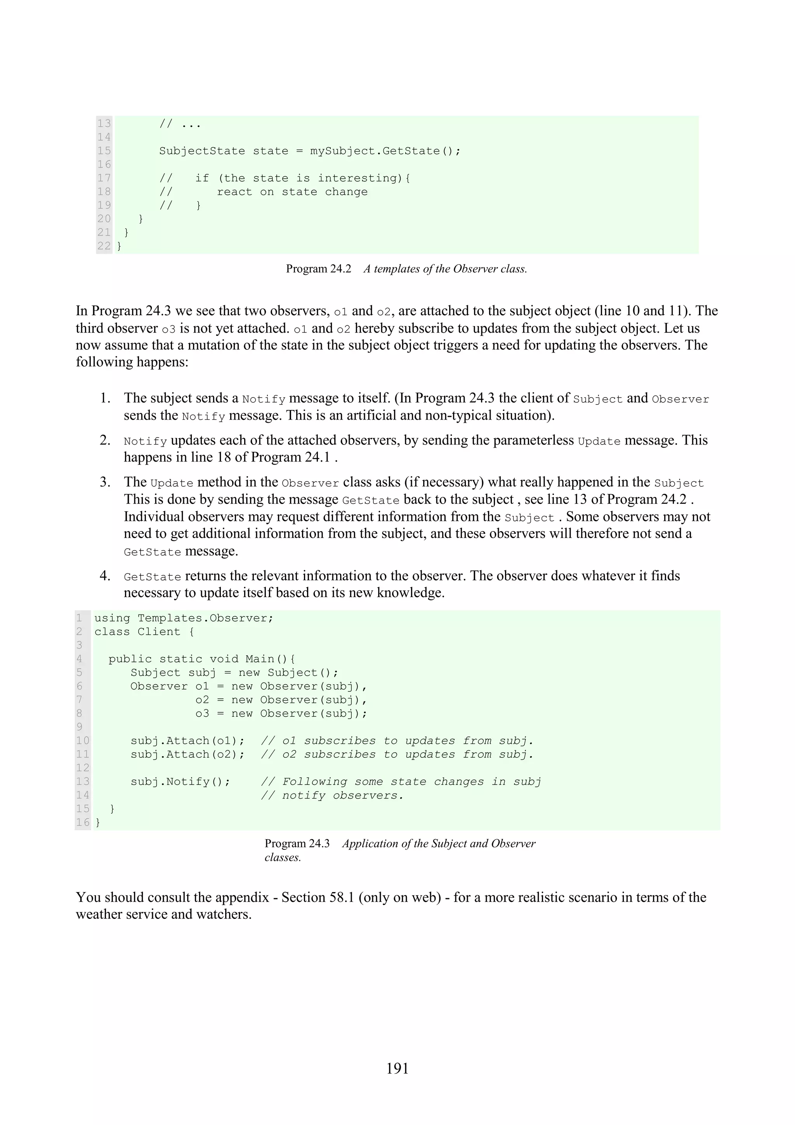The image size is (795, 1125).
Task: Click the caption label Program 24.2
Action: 318,269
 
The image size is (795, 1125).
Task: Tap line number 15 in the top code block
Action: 104,151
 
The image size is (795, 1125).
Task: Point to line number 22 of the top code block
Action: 104,246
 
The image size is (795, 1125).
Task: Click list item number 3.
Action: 105,482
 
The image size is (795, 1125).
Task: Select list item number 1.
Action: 105,398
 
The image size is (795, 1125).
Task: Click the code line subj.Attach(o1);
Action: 187,741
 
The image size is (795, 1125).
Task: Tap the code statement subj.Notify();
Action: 180,782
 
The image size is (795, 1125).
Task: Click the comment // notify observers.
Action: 332,796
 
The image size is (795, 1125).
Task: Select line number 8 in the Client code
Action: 79,714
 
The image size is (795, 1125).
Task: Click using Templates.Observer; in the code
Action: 184,618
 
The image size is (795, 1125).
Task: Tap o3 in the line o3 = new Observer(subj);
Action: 202,714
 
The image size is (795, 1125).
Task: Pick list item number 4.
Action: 105,576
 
